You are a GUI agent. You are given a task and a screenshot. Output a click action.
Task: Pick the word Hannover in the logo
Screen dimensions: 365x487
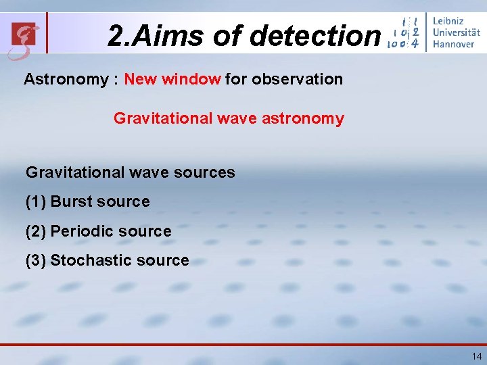[x=455, y=44]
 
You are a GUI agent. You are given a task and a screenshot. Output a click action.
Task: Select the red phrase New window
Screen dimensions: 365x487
[x=172, y=79]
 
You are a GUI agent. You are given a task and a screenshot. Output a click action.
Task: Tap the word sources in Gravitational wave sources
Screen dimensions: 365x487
[x=204, y=172]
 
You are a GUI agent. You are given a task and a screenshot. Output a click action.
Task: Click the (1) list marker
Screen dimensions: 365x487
[x=36, y=201]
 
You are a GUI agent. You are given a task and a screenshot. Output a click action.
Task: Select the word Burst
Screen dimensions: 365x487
[x=72, y=201]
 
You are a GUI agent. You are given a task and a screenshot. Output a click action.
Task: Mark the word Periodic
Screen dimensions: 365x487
[x=80, y=231]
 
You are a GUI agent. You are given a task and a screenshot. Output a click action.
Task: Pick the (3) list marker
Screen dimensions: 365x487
[x=36, y=260]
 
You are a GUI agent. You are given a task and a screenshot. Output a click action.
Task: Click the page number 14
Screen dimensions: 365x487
[x=477, y=356]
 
